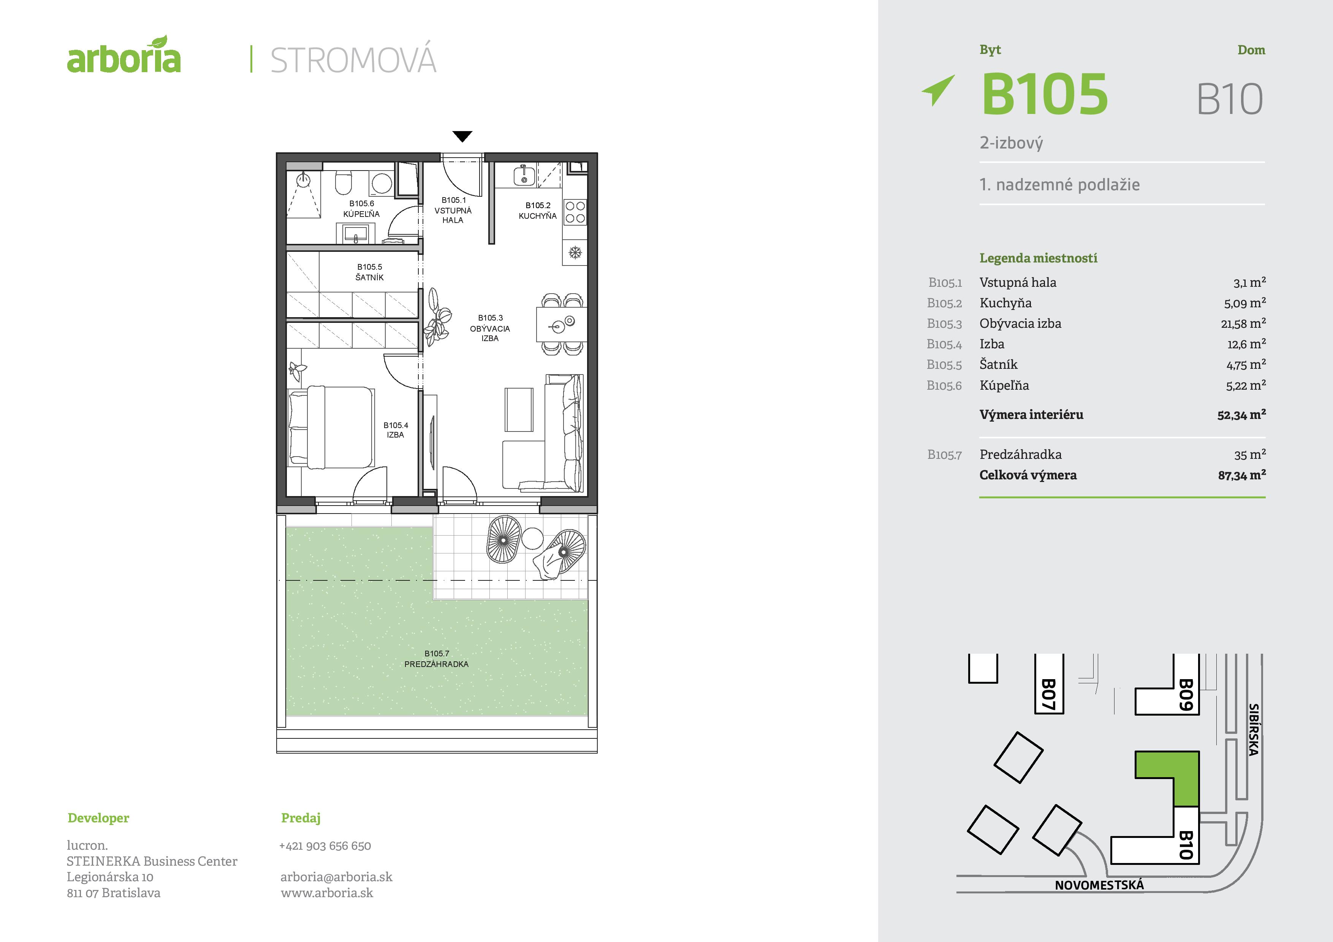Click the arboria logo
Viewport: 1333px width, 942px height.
pos(123,55)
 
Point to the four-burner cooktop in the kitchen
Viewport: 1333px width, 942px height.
pos(575,212)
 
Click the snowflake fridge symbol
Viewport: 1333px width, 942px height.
pos(575,253)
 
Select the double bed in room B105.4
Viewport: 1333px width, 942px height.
pos(331,427)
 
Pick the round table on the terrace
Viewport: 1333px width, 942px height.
pos(532,538)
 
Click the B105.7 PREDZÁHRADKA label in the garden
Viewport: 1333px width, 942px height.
pos(437,659)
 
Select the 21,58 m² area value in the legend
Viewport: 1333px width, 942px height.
pos(1243,323)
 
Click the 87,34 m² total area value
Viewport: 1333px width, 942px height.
pos(1242,475)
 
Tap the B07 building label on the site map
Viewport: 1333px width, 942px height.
pos(1048,694)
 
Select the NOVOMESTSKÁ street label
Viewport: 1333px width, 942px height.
pos(1099,885)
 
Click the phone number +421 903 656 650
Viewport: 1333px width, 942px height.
pos(325,846)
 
